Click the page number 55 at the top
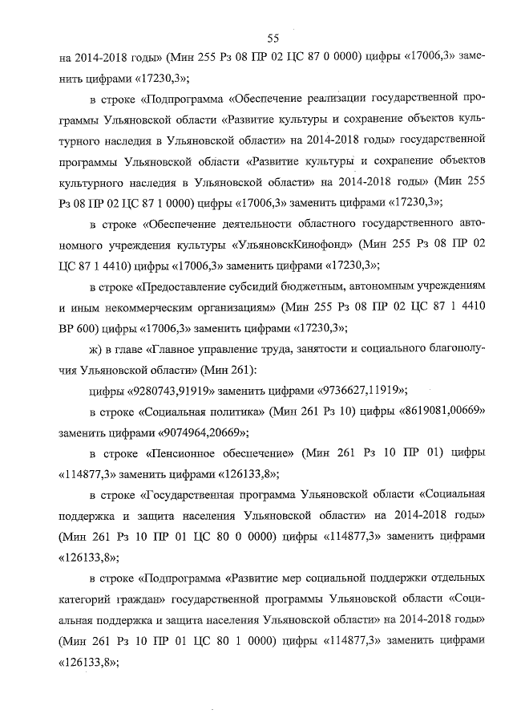click(273, 38)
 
